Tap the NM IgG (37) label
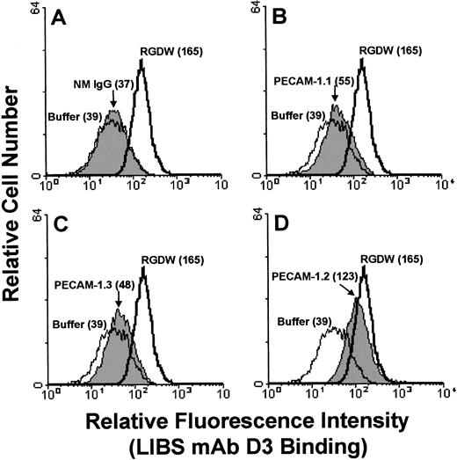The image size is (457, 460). tap(101, 85)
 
